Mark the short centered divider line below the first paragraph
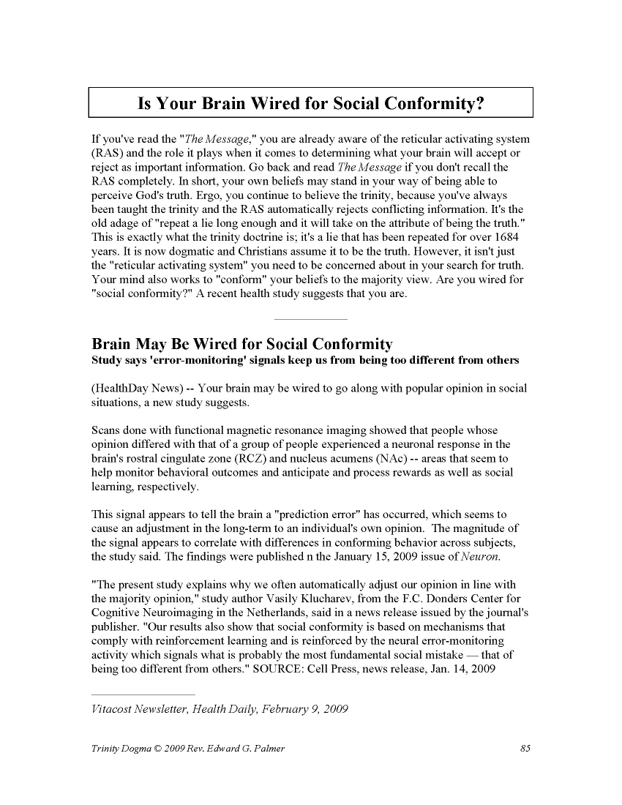click(310, 319)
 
